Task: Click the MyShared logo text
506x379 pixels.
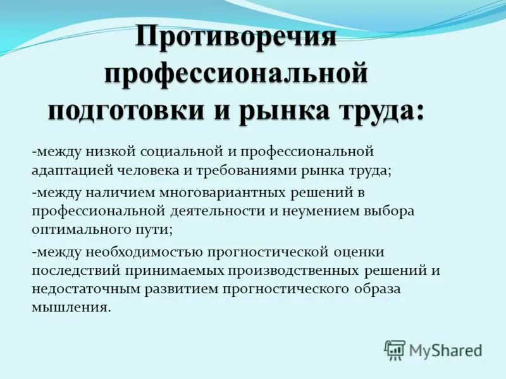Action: [445, 349]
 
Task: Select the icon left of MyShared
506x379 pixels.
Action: [395, 349]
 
